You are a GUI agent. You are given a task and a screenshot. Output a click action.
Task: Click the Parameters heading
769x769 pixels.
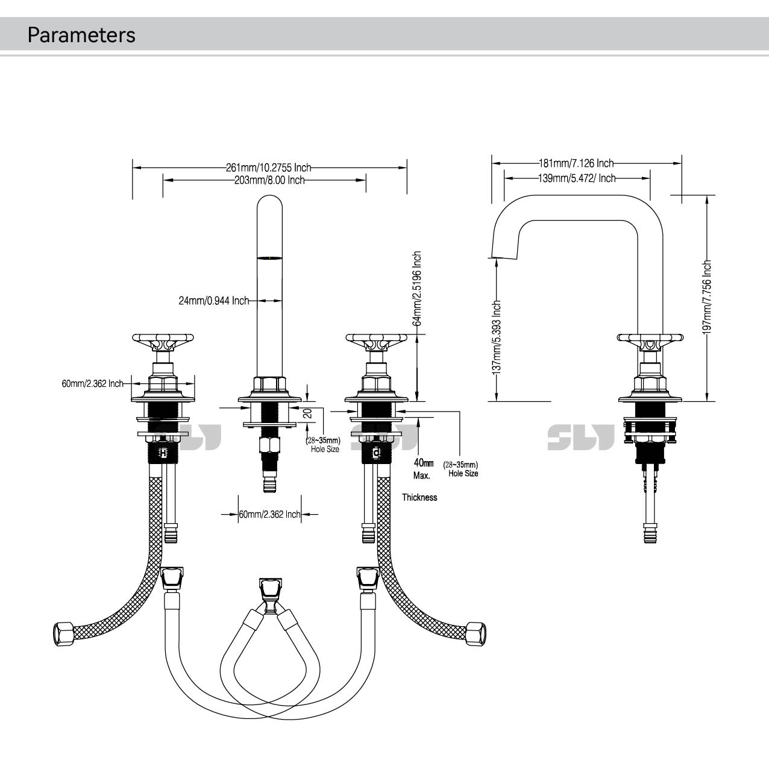pyautogui.click(x=81, y=35)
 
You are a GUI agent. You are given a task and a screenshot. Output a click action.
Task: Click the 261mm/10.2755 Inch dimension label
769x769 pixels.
pyautogui.click(x=269, y=167)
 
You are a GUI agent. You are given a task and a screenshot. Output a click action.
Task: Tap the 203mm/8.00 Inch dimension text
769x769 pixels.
pyautogui.click(x=269, y=180)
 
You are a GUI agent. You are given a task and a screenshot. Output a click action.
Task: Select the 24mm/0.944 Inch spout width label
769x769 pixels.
pyautogui.click(x=214, y=301)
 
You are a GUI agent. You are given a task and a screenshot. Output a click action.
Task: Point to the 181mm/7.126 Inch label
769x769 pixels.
pyautogui.click(x=576, y=163)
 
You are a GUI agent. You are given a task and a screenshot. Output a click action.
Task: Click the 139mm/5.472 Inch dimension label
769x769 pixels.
pyautogui.click(x=577, y=178)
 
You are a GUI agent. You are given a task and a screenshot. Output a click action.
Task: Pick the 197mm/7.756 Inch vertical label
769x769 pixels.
pyautogui.click(x=707, y=297)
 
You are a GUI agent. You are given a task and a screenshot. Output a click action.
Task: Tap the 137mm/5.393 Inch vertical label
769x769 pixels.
pyautogui.click(x=497, y=337)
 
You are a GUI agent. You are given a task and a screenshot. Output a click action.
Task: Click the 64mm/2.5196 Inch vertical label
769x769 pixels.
pyautogui.click(x=417, y=289)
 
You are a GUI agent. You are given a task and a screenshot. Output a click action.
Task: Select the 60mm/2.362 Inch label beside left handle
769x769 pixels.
pyautogui.click(x=93, y=383)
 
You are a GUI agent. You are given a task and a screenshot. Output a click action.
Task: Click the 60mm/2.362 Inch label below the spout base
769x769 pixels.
pyautogui.click(x=270, y=515)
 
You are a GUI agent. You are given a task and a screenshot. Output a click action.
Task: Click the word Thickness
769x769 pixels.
pyautogui.click(x=419, y=497)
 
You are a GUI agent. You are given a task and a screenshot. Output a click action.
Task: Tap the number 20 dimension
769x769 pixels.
pyautogui.click(x=308, y=413)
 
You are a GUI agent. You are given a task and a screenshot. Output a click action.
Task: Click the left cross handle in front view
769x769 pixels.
pyautogui.click(x=163, y=343)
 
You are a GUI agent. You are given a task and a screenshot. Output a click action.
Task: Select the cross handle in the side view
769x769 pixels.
pyautogui.click(x=650, y=342)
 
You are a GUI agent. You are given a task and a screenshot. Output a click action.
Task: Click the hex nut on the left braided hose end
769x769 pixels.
pyautogui.click(x=64, y=634)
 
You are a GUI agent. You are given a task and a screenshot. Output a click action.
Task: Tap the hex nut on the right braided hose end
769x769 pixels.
pyautogui.click(x=477, y=633)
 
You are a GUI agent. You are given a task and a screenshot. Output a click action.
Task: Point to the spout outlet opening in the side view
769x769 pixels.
pyautogui.click(x=503, y=258)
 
